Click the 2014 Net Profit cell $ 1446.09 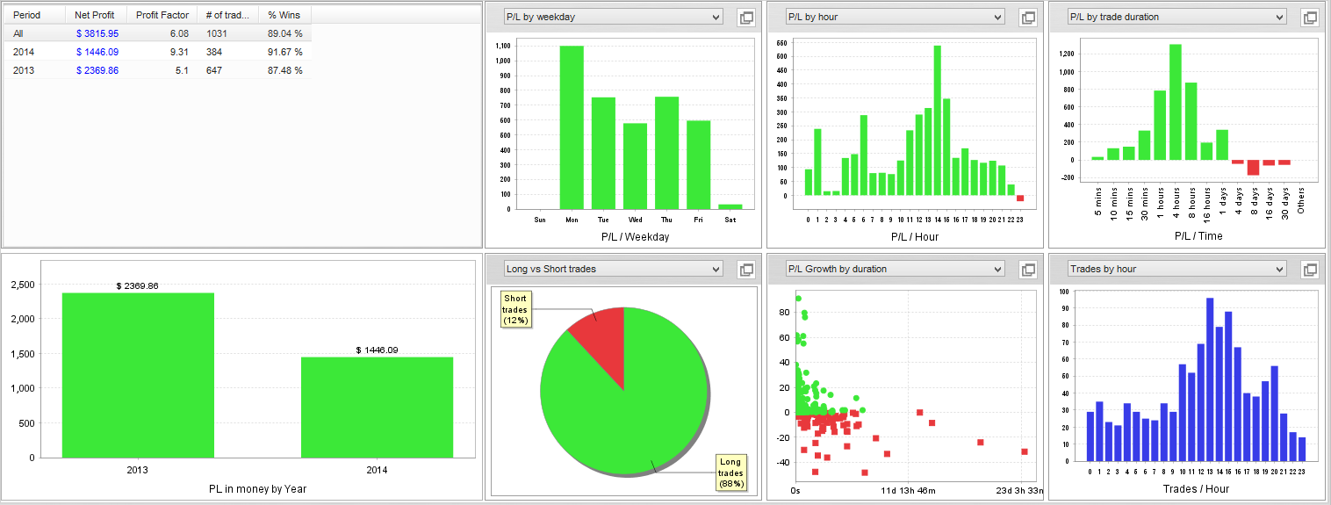point(97,52)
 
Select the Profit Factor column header point(162,15)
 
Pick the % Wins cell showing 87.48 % point(284,70)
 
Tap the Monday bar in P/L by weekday point(572,127)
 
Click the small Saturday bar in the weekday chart point(730,206)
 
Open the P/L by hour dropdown point(895,17)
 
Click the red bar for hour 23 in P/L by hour point(1020,198)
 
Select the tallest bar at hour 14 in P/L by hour point(938,120)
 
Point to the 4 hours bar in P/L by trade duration point(1176,102)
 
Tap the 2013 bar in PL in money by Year point(138,376)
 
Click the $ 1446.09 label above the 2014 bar point(377,350)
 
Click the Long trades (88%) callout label point(730,473)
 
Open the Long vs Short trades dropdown point(613,269)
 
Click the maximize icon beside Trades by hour point(1310,270)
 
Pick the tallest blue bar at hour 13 point(1210,379)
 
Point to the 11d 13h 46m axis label point(908,491)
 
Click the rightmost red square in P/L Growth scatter point(1025,451)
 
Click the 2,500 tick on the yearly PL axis point(23,285)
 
